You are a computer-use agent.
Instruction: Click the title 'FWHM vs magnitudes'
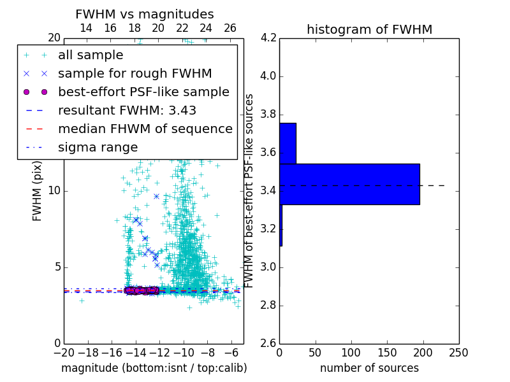(x=144, y=14)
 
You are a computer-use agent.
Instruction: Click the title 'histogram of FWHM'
(x=369, y=29)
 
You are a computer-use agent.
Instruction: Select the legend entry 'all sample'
(x=91, y=55)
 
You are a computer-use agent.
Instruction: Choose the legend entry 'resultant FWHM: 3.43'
(x=127, y=110)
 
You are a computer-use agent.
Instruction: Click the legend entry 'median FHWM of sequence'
(x=145, y=129)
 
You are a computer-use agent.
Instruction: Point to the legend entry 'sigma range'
(x=98, y=147)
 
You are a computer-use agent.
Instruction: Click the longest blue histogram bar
(x=349, y=184)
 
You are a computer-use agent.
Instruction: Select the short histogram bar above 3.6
(x=288, y=143)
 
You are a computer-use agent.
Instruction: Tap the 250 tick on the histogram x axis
(x=459, y=352)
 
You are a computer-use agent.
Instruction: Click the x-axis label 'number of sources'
(x=369, y=368)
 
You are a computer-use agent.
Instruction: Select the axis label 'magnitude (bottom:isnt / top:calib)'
(x=154, y=368)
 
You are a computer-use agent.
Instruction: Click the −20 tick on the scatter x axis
(x=64, y=352)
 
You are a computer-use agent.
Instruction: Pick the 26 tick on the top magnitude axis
(x=230, y=28)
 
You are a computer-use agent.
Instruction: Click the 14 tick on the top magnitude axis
(x=86, y=28)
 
